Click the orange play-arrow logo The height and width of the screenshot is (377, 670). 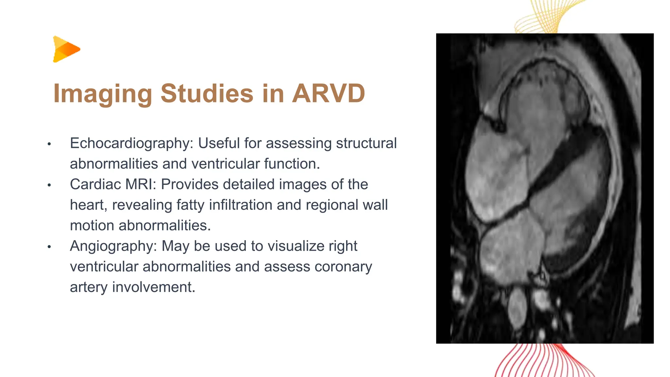[66, 49]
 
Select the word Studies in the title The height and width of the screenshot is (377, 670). [207, 93]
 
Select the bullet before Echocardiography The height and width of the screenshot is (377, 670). [49, 144]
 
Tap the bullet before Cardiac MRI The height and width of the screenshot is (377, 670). [49, 185]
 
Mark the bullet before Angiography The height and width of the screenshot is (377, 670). [49, 247]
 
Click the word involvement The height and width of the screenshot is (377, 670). [153, 287]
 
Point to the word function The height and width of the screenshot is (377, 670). [292, 164]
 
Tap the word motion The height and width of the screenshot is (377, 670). [92, 226]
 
